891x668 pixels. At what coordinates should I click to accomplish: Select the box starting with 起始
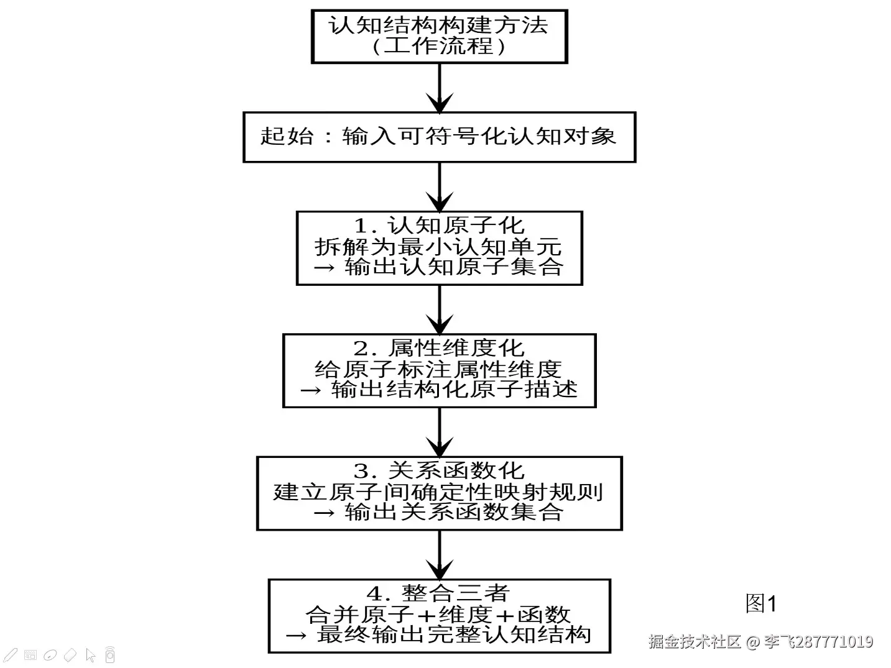coord(438,137)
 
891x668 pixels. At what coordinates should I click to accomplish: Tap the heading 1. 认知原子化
coord(438,226)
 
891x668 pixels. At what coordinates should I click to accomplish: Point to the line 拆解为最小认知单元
coord(438,247)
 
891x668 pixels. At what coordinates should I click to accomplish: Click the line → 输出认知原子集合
coord(438,267)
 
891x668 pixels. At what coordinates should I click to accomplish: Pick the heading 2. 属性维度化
coord(438,348)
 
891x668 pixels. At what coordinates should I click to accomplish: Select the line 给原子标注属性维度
coord(438,369)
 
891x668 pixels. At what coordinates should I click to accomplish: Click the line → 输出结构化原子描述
coord(438,390)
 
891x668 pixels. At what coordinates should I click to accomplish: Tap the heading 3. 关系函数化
coord(438,470)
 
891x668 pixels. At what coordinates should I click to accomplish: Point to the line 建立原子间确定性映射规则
coord(438,492)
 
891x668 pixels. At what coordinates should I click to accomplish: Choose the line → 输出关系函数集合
coord(438,512)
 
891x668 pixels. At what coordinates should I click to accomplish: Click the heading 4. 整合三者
coord(438,593)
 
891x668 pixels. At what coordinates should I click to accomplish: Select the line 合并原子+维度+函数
coord(438,614)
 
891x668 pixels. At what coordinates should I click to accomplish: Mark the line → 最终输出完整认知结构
coord(438,634)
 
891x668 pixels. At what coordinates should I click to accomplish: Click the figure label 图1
coord(760,603)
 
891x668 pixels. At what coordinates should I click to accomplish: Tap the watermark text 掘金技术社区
coord(695,641)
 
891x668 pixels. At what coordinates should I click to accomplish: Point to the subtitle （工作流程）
coord(438,47)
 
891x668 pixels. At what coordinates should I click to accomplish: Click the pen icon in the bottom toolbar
coord(11,654)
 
